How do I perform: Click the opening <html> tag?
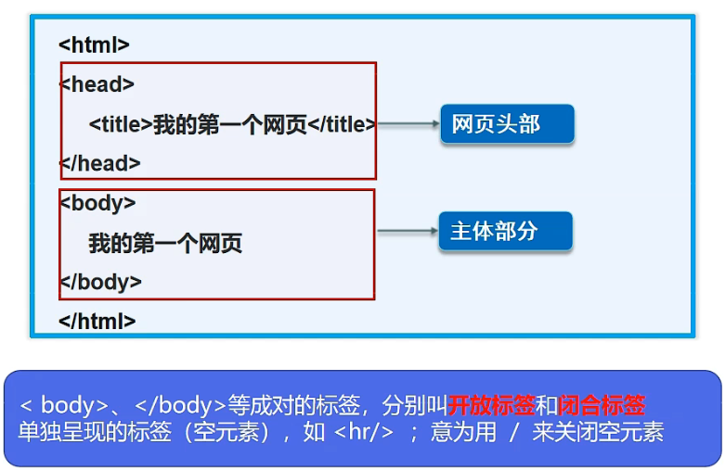click(x=94, y=44)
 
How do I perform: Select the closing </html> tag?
click(x=97, y=322)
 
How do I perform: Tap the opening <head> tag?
click(x=97, y=84)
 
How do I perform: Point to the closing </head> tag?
click(x=100, y=163)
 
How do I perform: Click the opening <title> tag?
click(x=121, y=124)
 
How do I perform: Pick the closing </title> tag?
click(x=342, y=124)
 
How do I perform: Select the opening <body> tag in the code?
click(x=97, y=203)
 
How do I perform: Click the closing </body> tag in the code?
click(x=100, y=282)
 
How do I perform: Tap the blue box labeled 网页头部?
click(x=507, y=124)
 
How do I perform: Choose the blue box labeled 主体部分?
click(x=505, y=231)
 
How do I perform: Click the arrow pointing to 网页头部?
click(x=408, y=124)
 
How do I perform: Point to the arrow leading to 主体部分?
click(x=407, y=231)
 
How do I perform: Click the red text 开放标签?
click(x=492, y=405)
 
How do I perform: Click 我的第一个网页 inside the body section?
click(x=165, y=244)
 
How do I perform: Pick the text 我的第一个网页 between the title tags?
click(x=229, y=124)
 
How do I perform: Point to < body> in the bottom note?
click(x=63, y=405)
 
